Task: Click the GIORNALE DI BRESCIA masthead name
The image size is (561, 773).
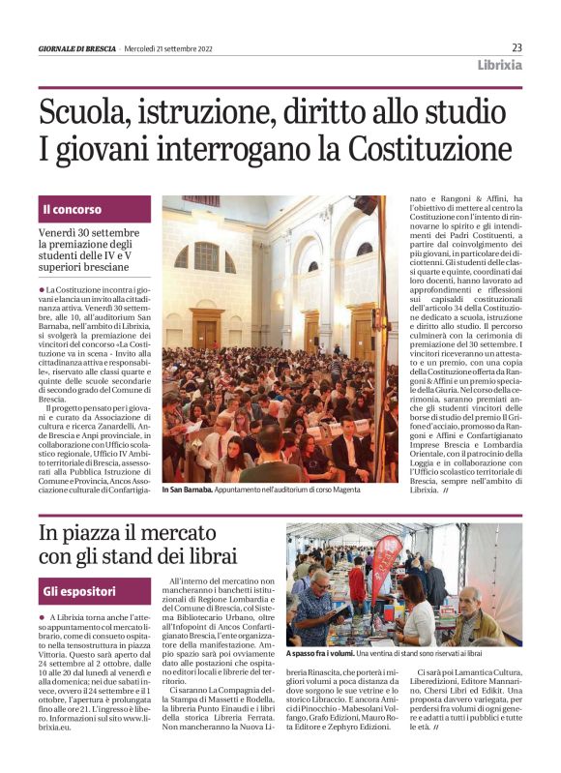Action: [76, 48]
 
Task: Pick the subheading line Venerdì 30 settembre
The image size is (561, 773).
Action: [89, 234]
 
